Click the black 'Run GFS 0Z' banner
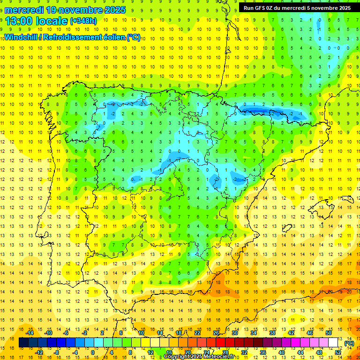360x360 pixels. pos(297,8)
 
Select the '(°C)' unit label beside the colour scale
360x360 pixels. pos(349,343)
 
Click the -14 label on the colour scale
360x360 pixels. pos(30,333)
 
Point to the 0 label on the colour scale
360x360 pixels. pos(93,352)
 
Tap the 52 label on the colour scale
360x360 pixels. pos(338,352)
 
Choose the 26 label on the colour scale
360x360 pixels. pos(216,333)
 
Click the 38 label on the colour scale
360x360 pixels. pos(272,333)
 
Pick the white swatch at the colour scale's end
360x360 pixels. pos(333,343)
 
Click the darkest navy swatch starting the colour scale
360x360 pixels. pos(23,343)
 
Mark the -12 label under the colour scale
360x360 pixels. pos(39,352)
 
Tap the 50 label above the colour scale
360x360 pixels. pos(329,333)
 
